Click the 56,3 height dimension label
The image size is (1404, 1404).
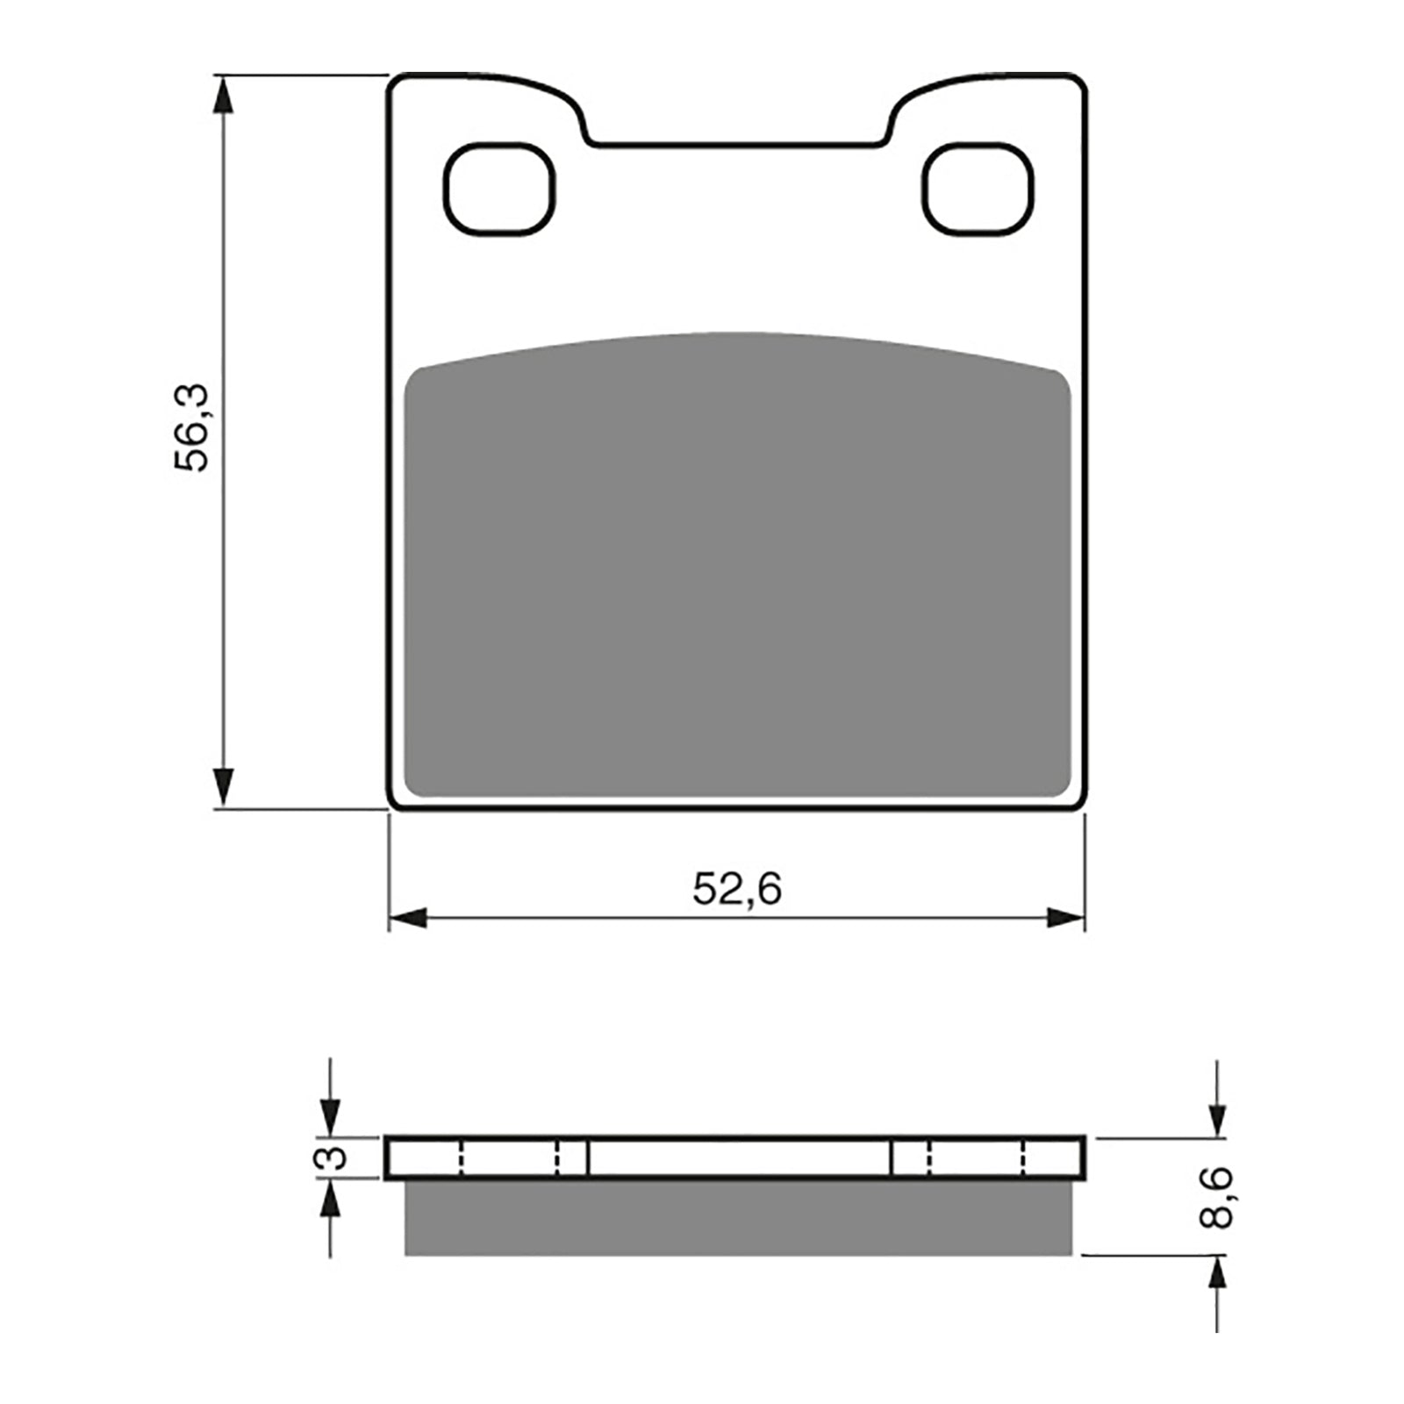192,428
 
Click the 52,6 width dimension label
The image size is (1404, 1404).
736,890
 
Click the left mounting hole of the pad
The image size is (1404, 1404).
500,189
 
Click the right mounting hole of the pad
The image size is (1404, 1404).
978,189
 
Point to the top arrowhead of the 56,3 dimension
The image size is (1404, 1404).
225,95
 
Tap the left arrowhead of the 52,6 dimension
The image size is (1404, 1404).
408,919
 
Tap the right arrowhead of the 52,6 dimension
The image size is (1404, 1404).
1065,919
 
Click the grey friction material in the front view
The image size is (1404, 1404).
737,570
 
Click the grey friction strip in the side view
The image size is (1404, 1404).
737,1217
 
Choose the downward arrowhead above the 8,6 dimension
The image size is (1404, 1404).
1216,1118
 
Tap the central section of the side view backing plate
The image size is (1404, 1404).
739,1157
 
